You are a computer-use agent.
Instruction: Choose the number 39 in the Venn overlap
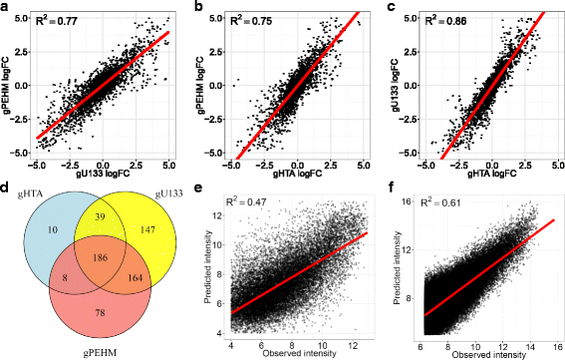[x=98, y=216]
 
